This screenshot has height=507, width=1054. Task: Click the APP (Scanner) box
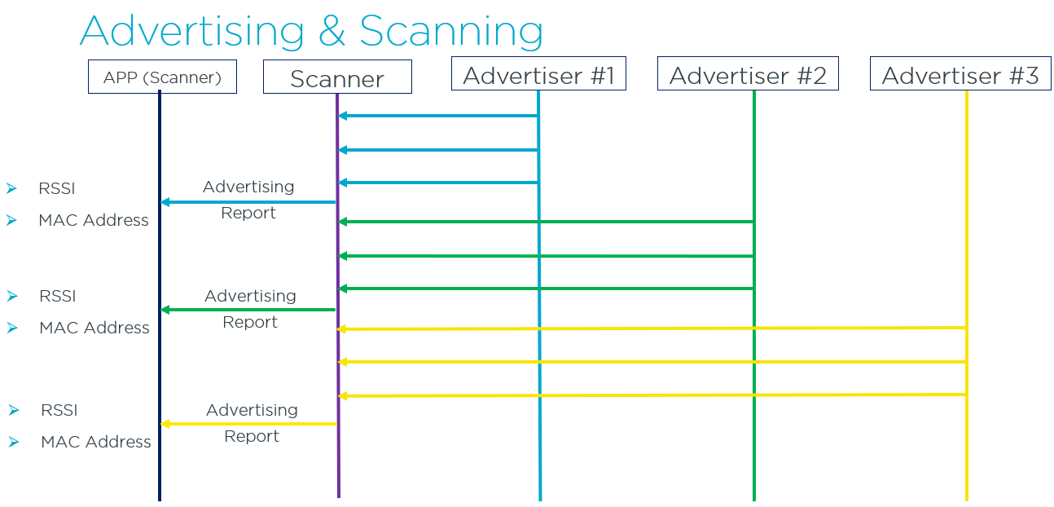[x=162, y=77]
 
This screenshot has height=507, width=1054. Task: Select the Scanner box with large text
[x=337, y=78]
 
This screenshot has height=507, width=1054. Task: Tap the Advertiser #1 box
[x=538, y=75]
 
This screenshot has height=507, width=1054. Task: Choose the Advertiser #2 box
[x=748, y=75]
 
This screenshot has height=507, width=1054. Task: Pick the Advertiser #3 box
[x=960, y=75]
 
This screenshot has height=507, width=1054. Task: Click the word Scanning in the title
[x=450, y=32]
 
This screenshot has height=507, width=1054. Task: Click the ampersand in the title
[x=332, y=32]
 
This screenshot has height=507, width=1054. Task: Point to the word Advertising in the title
[x=191, y=32]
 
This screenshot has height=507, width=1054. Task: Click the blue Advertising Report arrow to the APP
[x=248, y=202]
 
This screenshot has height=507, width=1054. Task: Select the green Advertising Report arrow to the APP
[x=248, y=310]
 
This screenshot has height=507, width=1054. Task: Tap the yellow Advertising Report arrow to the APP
[x=248, y=424]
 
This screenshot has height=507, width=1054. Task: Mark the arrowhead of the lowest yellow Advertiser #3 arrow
[x=343, y=396]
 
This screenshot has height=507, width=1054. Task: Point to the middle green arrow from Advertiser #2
[x=546, y=256]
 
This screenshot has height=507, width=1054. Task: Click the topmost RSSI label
[x=57, y=188]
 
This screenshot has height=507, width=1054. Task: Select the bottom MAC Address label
[x=96, y=442]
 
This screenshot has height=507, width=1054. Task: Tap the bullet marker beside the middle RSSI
[x=11, y=296]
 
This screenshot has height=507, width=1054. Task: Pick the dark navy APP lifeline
[x=160, y=473]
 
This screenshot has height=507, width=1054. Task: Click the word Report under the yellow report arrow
[x=252, y=436]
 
